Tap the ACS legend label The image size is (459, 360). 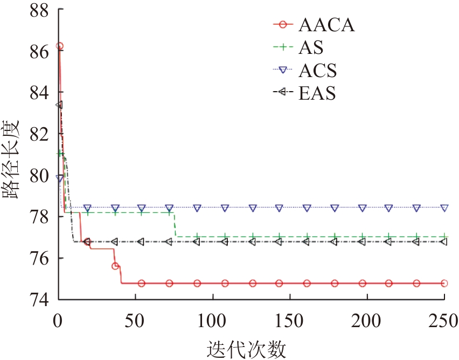tap(317, 71)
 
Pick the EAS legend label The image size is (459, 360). tap(316, 93)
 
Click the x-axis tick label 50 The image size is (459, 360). tap(135, 321)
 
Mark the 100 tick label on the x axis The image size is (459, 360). tap(213, 321)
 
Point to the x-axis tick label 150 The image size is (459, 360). tap(290, 321)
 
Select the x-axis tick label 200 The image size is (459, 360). tap(367, 321)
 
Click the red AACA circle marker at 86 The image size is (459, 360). tap(60, 46)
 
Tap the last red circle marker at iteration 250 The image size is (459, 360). tap(444, 283)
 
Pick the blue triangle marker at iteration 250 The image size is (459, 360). tap(444, 207)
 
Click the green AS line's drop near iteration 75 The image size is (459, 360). tap(175, 224)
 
